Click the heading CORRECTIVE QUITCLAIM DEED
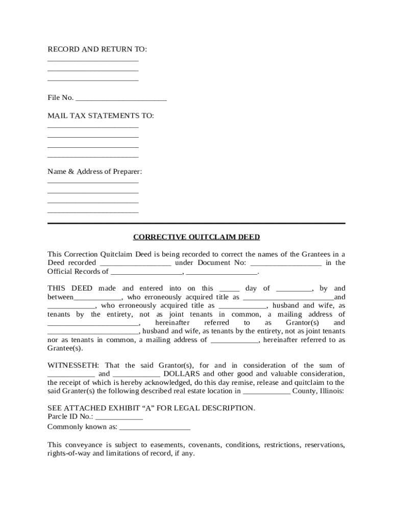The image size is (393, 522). pyautogui.click(x=196, y=237)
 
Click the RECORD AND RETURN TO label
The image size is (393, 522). pyautogui.click(x=97, y=49)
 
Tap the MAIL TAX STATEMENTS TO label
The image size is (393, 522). pyautogui.click(x=101, y=116)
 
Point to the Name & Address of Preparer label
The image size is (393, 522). pyautogui.click(x=94, y=171)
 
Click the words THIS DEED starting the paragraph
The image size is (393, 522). pyautogui.click(x=70, y=289)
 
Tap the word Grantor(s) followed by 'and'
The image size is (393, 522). pyautogui.click(x=302, y=323)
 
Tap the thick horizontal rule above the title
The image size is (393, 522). pyautogui.click(x=196, y=223)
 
